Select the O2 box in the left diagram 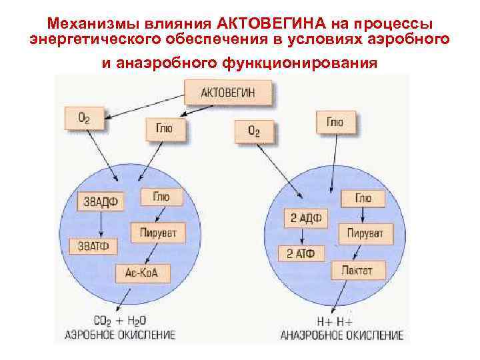(85, 119)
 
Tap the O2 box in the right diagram (254, 131)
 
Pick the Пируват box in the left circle (158, 234)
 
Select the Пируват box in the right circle (366, 234)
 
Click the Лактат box (352, 271)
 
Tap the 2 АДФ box (303, 217)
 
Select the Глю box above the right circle (335, 122)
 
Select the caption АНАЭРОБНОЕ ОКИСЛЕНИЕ (342, 335)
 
